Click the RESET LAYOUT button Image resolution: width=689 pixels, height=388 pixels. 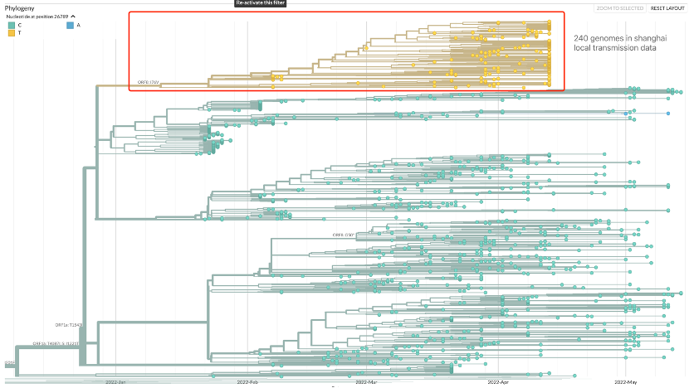point(667,8)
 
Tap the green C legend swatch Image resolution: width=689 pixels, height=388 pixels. point(11,26)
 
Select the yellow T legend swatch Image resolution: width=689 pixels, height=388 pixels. point(11,33)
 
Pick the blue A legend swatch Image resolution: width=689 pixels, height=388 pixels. point(70,26)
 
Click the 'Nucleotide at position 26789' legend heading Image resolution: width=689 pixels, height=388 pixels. point(37,17)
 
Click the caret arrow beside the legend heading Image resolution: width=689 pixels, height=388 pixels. point(73,17)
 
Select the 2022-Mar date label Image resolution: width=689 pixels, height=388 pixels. point(366,382)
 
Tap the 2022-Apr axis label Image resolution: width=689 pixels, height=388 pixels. point(498,382)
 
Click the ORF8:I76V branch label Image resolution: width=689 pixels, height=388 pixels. point(148,82)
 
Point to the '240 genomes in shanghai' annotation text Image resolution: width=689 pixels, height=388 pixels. point(614,39)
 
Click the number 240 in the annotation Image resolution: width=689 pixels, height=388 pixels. point(582,39)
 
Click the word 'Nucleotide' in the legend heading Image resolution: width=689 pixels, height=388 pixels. point(19,17)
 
